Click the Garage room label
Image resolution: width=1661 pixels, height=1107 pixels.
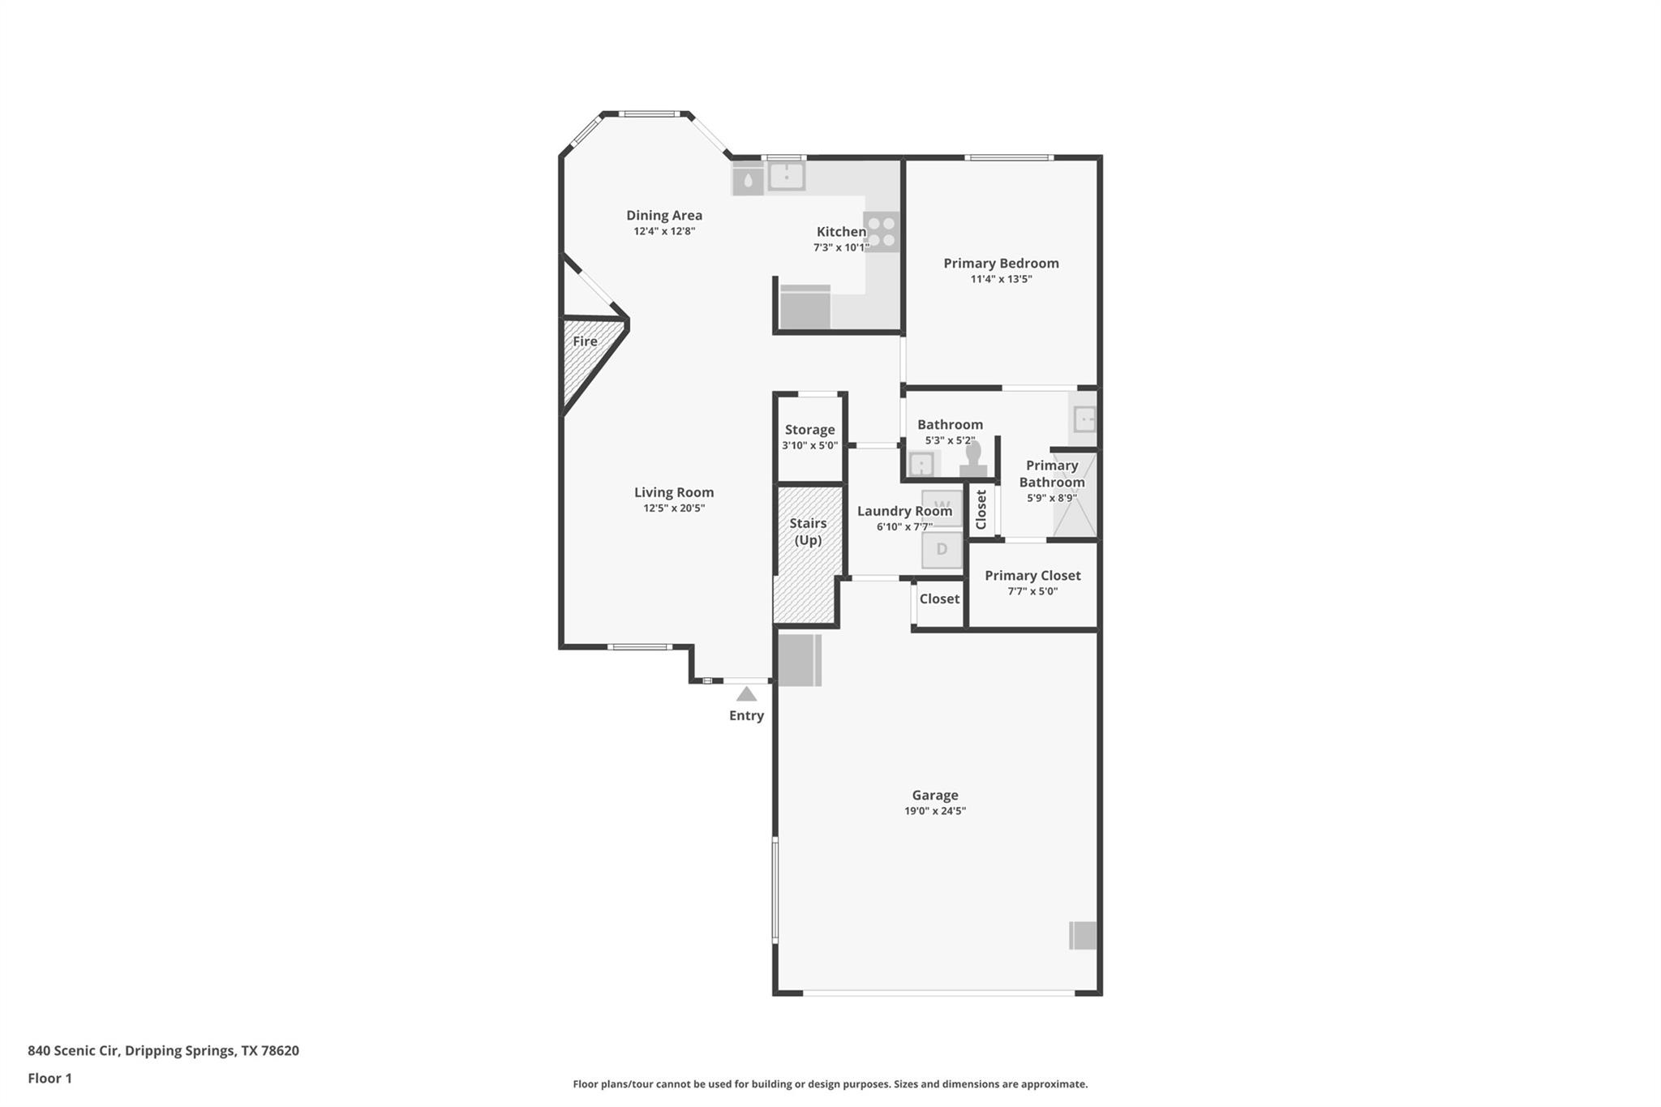934,795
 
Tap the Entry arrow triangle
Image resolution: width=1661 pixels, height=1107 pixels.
746,694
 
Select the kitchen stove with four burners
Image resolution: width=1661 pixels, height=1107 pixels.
882,231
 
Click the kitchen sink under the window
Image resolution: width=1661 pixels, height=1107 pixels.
786,176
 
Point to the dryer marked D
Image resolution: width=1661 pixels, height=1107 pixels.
942,549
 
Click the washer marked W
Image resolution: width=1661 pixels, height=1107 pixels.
942,507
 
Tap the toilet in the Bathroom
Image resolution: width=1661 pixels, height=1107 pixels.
973,459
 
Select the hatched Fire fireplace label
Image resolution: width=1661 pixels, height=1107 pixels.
585,341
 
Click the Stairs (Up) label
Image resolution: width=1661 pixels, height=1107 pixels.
808,531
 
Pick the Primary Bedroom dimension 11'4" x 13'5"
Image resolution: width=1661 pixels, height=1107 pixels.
1001,279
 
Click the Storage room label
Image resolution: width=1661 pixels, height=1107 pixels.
809,430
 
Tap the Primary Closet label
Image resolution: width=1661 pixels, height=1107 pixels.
1032,575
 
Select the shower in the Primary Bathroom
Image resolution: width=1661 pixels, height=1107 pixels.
1075,495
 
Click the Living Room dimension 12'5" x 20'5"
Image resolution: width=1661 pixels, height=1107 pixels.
674,508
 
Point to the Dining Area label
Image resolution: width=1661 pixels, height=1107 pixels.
664,215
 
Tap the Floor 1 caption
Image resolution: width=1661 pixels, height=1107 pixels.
49,1078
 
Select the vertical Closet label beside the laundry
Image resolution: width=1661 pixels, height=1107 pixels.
981,509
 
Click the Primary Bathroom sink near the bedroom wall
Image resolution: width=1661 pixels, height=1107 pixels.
1084,419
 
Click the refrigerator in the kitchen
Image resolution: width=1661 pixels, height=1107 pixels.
805,308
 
